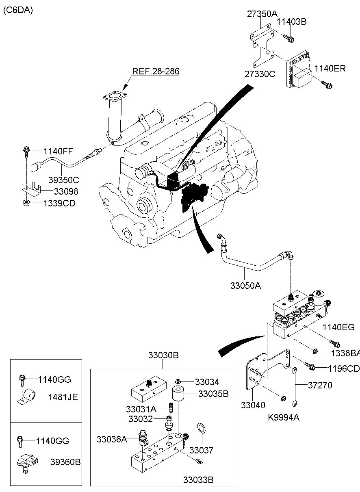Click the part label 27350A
[262, 14]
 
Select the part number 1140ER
[330, 69]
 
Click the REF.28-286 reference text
[156, 71]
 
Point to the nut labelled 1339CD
[26, 202]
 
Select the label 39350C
[63, 180]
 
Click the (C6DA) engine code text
[18, 11]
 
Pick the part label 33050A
[245, 286]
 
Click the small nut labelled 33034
[178, 381]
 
